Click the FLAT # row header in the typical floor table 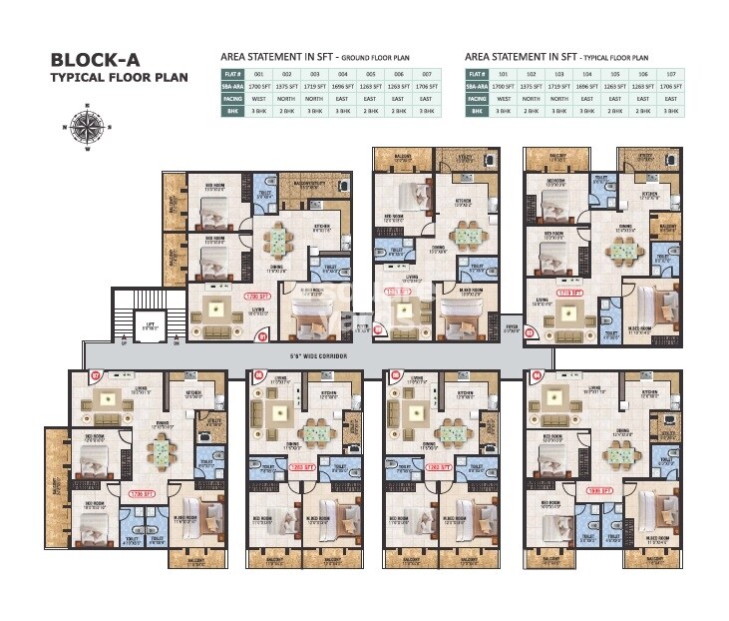(477, 74)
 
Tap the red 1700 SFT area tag (258, 297)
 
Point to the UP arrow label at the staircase (124, 342)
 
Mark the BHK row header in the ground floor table (231, 111)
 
